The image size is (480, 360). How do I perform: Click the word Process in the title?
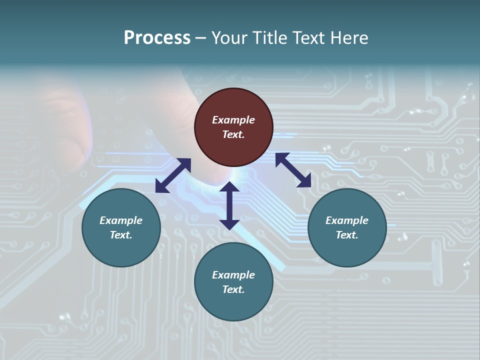pyautogui.click(x=157, y=38)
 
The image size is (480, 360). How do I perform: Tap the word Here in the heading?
pyautogui.click(x=349, y=38)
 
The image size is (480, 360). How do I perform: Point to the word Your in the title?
pyautogui.click(x=229, y=38)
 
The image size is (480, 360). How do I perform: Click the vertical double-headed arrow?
pyautogui.click(x=229, y=205)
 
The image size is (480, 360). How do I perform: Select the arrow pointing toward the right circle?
pyautogui.click(x=293, y=170)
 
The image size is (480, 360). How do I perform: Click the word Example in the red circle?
pyautogui.click(x=233, y=120)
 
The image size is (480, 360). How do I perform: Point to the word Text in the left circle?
pyautogui.click(x=121, y=235)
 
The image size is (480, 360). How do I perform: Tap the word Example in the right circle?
pyautogui.click(x=347, y=220)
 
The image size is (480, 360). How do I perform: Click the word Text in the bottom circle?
pyautogui.click(x=233, y=289)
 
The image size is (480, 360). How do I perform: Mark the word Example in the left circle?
pyautogui.click(x=121, y=220)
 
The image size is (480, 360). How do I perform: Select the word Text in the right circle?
pyautogui.click(x=347, y=235)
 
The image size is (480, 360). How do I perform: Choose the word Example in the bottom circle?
pyautogui.click(x=233, y=275)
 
